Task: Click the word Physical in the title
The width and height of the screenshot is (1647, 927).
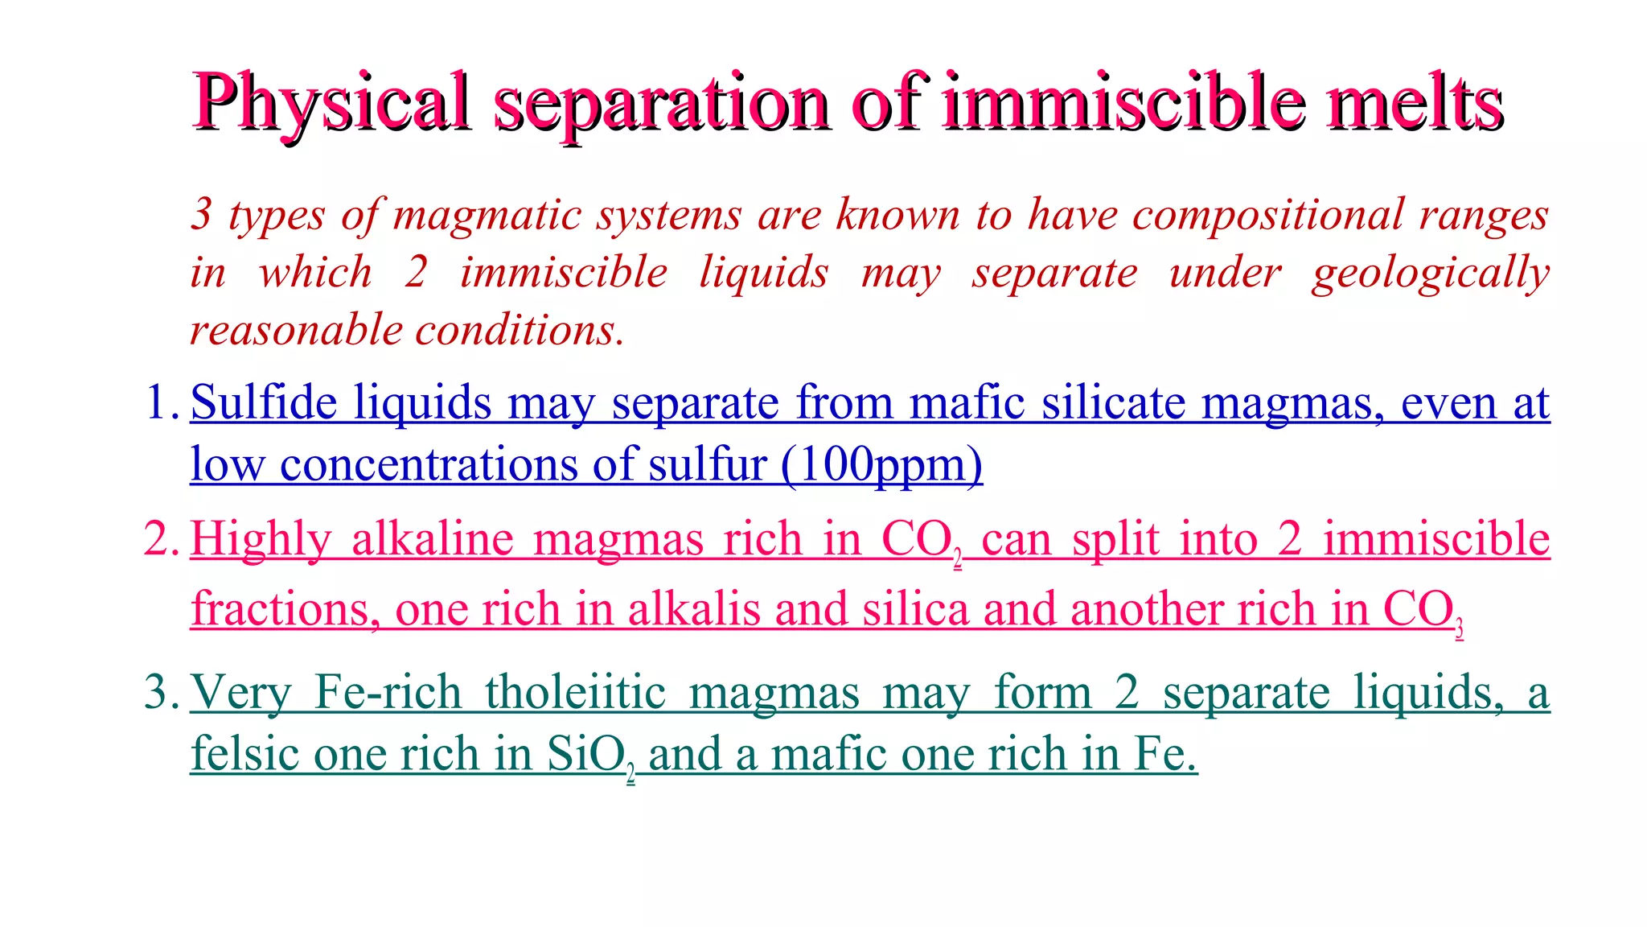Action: (331, 103)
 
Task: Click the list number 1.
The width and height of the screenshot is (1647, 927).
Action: (160, 402)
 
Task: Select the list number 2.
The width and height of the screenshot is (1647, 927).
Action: (160, 539)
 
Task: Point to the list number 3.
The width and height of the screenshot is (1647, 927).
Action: (160, 692)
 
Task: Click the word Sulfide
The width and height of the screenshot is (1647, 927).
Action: (264, 402)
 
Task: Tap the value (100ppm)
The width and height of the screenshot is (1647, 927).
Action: (881, 465)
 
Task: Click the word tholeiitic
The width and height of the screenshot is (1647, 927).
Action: (576, 692)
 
